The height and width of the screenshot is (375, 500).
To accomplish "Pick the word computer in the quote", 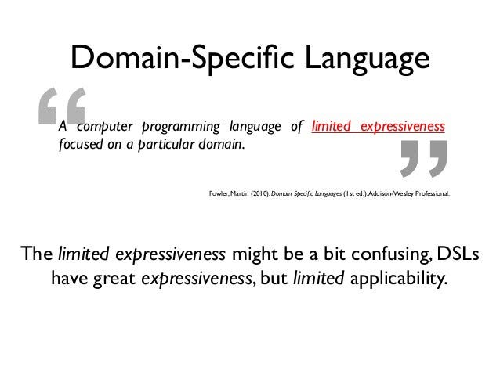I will click(108, 127).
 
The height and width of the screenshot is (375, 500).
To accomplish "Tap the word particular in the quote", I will click(176, 145).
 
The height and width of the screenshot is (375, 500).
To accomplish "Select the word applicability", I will click(400, 278).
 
